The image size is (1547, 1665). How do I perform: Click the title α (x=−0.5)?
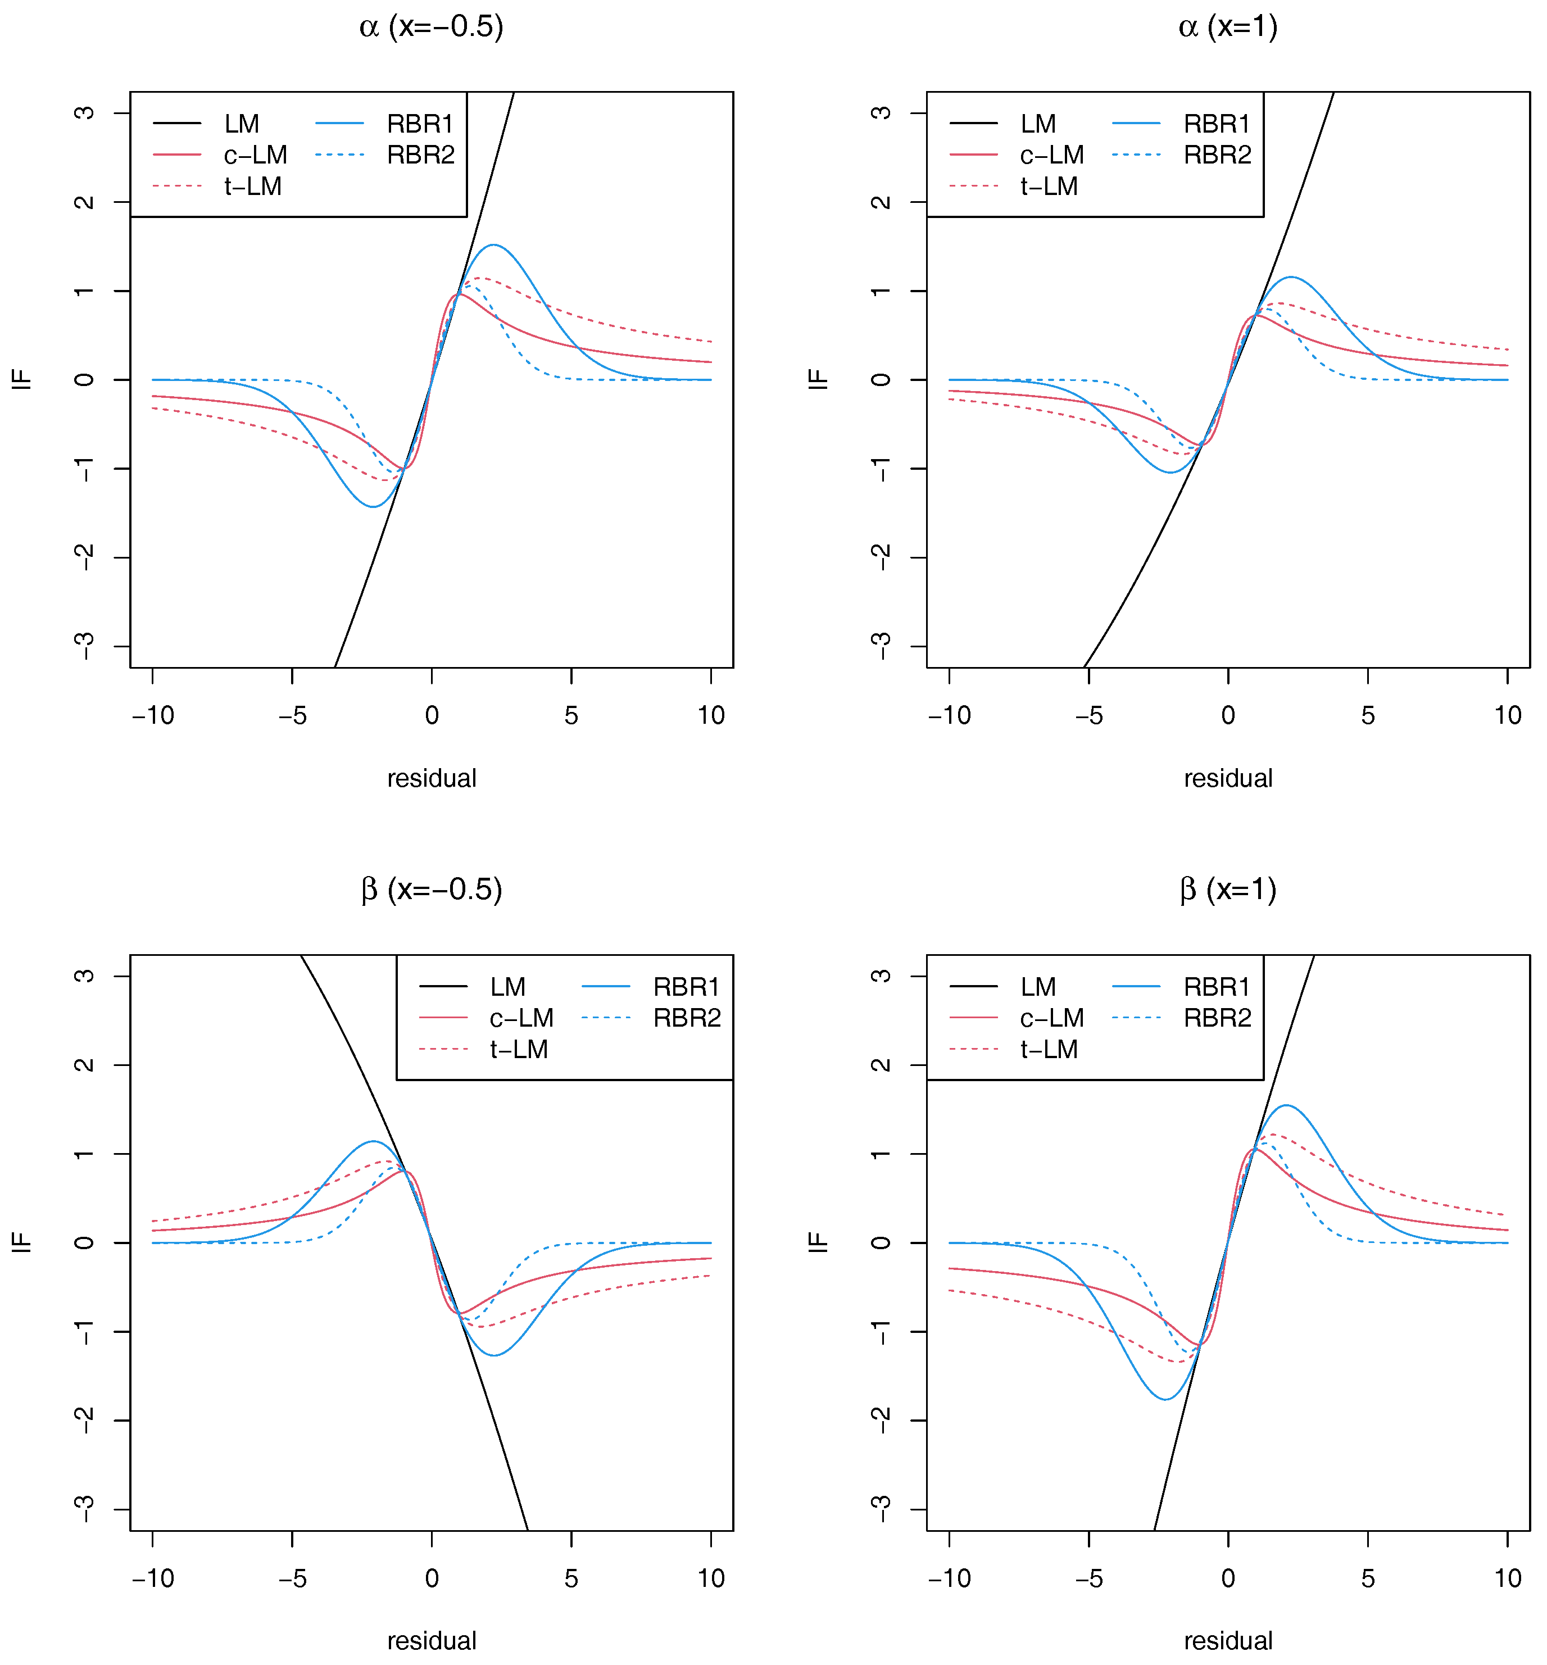431,27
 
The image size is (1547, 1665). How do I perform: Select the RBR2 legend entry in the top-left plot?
420,155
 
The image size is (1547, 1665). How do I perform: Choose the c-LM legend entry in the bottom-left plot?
521,1018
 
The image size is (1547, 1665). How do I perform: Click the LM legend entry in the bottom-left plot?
507,987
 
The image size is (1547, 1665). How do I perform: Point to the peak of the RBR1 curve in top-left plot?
494,245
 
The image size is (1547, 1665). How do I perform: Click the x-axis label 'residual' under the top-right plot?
1227,778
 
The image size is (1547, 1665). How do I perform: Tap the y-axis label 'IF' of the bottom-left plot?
22,1242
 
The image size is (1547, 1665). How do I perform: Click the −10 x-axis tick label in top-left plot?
153,716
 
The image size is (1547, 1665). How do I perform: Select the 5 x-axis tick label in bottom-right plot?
1367,1579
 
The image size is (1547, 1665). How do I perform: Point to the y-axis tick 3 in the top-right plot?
880,113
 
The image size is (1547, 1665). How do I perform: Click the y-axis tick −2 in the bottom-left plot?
84,1421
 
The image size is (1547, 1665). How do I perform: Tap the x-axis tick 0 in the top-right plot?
1227,716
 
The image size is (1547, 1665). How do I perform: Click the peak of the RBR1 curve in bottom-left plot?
373,1141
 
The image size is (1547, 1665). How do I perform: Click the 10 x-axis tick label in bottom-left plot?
711,1579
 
